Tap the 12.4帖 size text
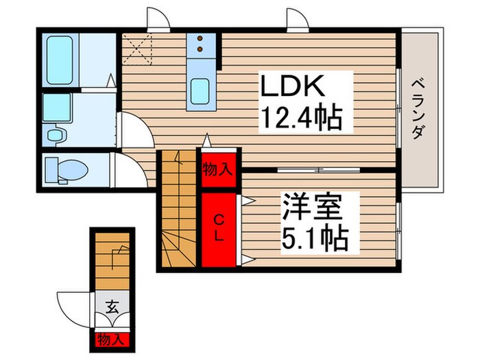pyautogui.click(x=300, y=121)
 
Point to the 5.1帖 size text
pyautogui.click(x=315, y=239)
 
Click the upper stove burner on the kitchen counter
pyautogui.click(x=200, y=39)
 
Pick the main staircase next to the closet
pyautogui.click(x=180, y=213)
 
